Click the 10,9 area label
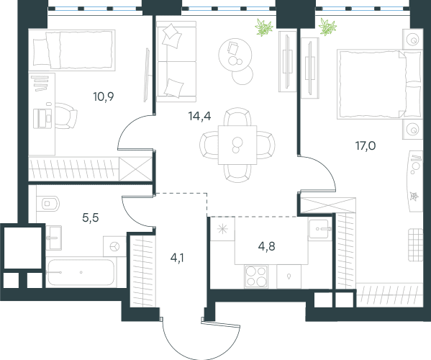tap(104, 96)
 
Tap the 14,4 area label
tap(199, 116)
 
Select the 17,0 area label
tap(366, 145)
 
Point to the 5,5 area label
tap(91, 218)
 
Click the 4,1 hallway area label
tap(177, 258)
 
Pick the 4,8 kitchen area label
tap(267, 246)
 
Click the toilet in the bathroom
tap(47, 204)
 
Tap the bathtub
tap(81, 272)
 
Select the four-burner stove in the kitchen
tap(256, 276)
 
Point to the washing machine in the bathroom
tap(114, 246)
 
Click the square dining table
tap(237, 145)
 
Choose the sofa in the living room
tap(176, 61)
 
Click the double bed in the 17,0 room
tap(380, 84)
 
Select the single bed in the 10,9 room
tap(72, 50)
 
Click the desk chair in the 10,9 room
tap(66, 116)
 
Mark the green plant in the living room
tap(264, 27)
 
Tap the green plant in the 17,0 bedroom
tap(327, 27)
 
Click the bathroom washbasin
tap(53, 238)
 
